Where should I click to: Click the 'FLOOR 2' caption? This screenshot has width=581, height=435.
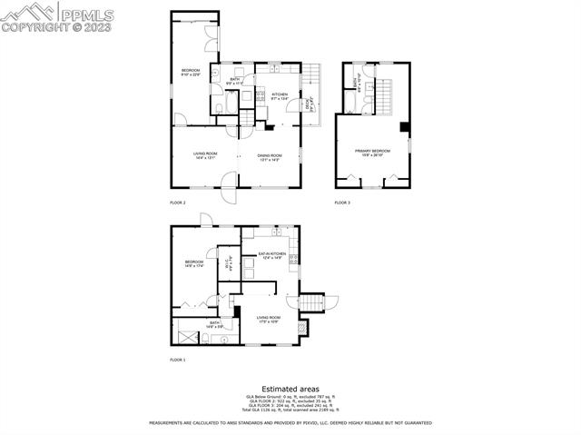coord(178,202)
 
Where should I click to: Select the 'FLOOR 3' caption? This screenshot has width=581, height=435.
coord(342,202)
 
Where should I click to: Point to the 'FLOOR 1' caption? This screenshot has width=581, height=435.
coord(178,360)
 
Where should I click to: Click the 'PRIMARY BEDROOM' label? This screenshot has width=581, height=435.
coord(373,152)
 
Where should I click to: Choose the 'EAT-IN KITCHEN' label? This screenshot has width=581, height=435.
coord(272,254)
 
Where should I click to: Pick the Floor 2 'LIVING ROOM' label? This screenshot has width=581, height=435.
coord(205,155)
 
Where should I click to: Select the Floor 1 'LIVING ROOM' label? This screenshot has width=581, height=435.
coord(269,318)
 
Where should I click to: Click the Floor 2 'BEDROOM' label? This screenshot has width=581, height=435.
coord(190,72)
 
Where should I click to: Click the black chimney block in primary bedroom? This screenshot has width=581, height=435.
coord(405,126)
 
